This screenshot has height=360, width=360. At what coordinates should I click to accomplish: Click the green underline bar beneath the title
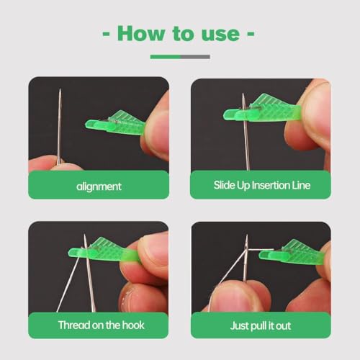click(x=165, y=56)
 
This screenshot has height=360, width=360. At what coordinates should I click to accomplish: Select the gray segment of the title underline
click(x=196, y=56)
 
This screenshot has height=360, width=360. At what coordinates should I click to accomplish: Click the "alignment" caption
click(x=99, y=186)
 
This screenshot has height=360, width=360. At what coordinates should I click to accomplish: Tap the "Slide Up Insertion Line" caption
click(x=261, y=186)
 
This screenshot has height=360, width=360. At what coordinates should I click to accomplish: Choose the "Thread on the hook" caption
click(x=99, y=325)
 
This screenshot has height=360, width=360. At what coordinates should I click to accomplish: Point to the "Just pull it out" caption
click(x=261, y=325)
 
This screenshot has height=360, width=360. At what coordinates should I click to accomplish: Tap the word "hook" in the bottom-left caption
click(x=131, y=325)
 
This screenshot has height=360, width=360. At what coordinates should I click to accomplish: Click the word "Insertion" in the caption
click(x=268, y=186)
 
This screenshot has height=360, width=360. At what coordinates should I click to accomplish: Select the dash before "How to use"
click(x=107, y=35)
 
